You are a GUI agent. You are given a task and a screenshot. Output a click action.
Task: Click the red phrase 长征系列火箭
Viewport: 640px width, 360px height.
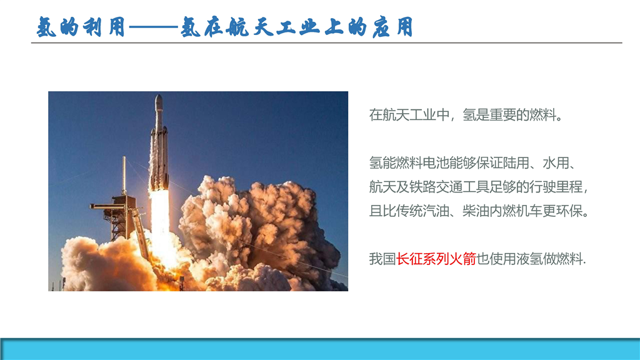pos(436,259)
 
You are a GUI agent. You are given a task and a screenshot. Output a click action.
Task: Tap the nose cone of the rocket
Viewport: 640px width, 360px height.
pos(158,102)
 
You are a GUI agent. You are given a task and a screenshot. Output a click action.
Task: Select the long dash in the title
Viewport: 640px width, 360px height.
pos(154,27)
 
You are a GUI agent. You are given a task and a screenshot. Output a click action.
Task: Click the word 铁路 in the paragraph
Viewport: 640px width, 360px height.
pos(409,187)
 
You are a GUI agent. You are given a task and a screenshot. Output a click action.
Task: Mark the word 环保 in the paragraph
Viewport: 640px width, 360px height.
pos(569,211)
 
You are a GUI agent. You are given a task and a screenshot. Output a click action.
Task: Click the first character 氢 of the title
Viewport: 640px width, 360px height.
pos(46,27)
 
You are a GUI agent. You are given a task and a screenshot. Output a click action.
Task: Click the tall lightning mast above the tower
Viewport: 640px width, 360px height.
pos(124,176)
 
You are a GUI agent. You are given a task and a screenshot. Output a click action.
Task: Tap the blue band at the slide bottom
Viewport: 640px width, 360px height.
pos(320,349)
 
